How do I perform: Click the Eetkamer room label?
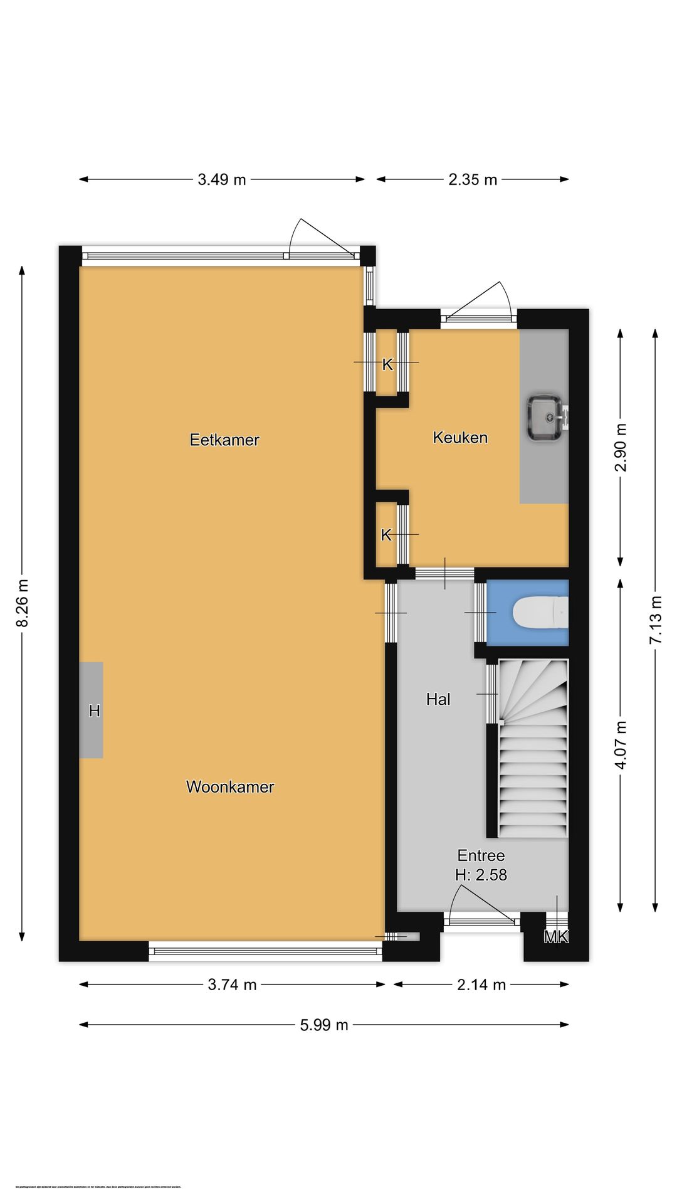point(224,440)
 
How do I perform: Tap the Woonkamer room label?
point(230,786)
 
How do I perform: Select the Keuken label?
point(460,437)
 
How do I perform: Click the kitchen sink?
point(544,418)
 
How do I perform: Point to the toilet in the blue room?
point(538,613)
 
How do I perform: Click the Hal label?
point(438,699)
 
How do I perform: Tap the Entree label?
point(481,855)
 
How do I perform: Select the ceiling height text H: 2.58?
point(481,874)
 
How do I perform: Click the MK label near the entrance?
point(555,937)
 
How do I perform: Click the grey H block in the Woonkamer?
point(92,710)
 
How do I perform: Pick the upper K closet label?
point(387,364)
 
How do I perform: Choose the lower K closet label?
point(386,535)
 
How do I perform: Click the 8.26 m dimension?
point(23,602)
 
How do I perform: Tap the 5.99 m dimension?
point(323,1025)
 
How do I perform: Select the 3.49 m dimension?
point(222,179)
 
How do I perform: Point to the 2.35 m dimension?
point(473,179)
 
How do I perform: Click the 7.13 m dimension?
point(656,620)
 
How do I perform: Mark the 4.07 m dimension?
point(621,745)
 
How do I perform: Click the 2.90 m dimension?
point(621,448)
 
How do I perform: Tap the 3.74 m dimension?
point(232,985)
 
